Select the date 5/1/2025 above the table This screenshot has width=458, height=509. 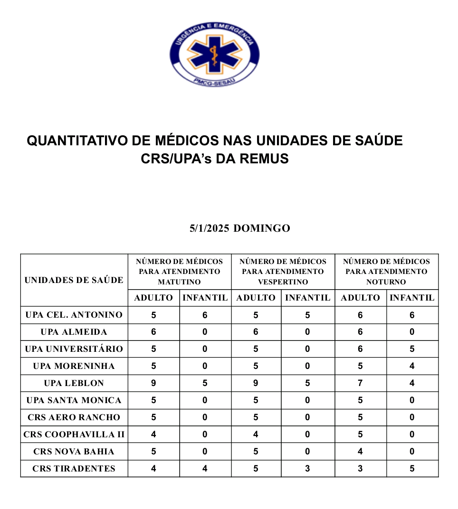pos(210,228)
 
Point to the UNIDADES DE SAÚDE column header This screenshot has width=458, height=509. pos(74,280)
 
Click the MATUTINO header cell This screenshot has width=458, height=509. pos(180,272)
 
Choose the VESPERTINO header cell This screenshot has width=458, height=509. pos(283,272)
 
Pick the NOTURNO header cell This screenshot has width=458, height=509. pos(386,272)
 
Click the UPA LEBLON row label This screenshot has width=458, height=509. pos(74,383)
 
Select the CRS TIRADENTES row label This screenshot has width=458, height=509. pos(74,469)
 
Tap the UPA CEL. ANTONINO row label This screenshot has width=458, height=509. pos(74,315)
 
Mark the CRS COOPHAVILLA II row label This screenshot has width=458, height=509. pos(74,434)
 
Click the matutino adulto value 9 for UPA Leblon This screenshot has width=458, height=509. pos(153,383)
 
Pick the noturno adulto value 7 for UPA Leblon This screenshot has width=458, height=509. pos(360,383)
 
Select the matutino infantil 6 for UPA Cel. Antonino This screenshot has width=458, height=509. pos(205,315)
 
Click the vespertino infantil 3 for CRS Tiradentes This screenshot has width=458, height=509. pos(307,469)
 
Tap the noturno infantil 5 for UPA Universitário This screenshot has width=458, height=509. pos(412,349)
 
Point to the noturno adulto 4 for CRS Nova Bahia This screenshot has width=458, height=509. pos(360,452)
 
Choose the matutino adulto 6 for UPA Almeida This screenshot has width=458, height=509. pos(153,332)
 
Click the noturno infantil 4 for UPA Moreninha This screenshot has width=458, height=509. pos(412,366)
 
